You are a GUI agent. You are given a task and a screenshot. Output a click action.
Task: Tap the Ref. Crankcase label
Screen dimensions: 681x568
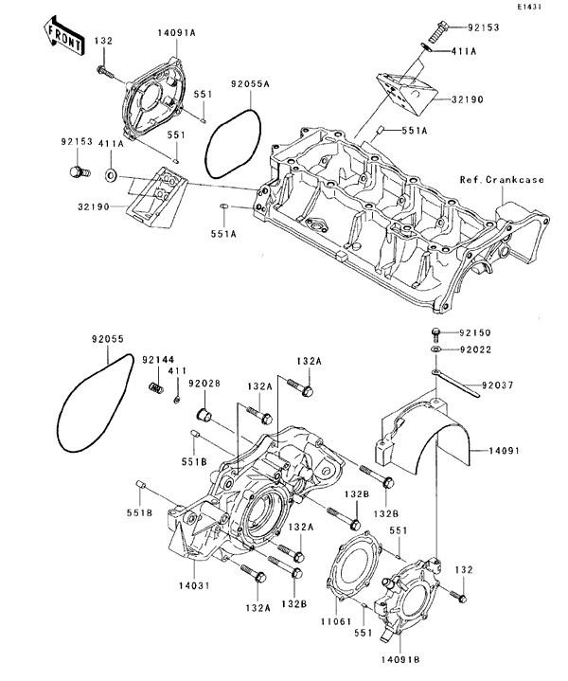502,180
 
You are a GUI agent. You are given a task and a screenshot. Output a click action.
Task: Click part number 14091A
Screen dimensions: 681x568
176,32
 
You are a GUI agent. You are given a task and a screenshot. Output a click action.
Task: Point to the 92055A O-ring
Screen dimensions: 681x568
234,143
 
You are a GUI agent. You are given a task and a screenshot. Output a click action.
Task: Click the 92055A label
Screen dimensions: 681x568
250,83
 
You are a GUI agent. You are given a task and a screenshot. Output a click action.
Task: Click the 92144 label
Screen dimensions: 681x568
157,359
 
